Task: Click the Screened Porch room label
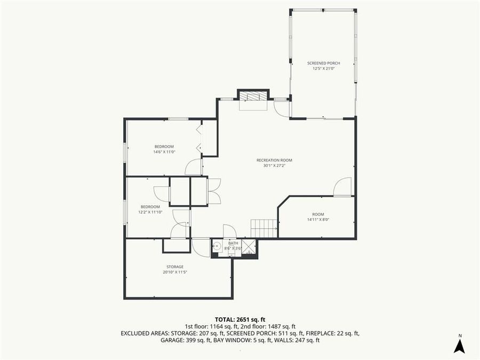pos(323,63)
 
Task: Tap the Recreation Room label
pos(274,160)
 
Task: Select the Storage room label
pos(174,267)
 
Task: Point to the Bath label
pos(233,243)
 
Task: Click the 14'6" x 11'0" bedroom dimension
pos(164,152)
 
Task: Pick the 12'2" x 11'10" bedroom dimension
pos(150,212)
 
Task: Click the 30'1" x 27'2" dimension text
pos(274,165)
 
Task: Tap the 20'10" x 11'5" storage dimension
pos(174,272)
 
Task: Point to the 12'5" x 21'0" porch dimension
pos(323,68)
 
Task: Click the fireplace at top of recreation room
pos(252,97)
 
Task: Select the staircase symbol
pos(264,229)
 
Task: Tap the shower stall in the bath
pos(249,247)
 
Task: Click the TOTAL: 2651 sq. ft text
pos(240,318)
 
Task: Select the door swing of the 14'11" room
pos(343,187)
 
